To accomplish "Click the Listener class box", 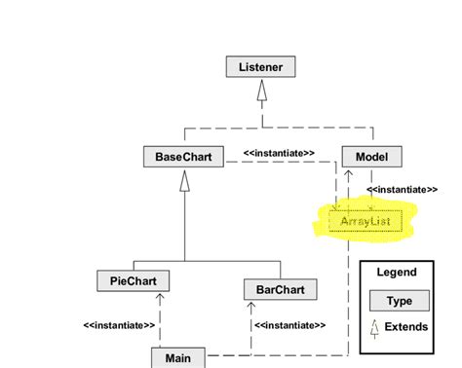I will click(260, 67).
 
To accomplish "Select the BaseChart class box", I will click(183, 156).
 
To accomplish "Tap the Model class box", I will click(371, 156).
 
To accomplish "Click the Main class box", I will click(177, 358).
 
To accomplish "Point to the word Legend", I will click(397, 273).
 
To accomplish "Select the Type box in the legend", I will click(399, 301).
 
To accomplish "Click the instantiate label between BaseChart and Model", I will click(279, 152).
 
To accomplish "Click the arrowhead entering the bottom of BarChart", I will click(250, 305).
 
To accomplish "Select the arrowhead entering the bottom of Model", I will click(349, 172).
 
